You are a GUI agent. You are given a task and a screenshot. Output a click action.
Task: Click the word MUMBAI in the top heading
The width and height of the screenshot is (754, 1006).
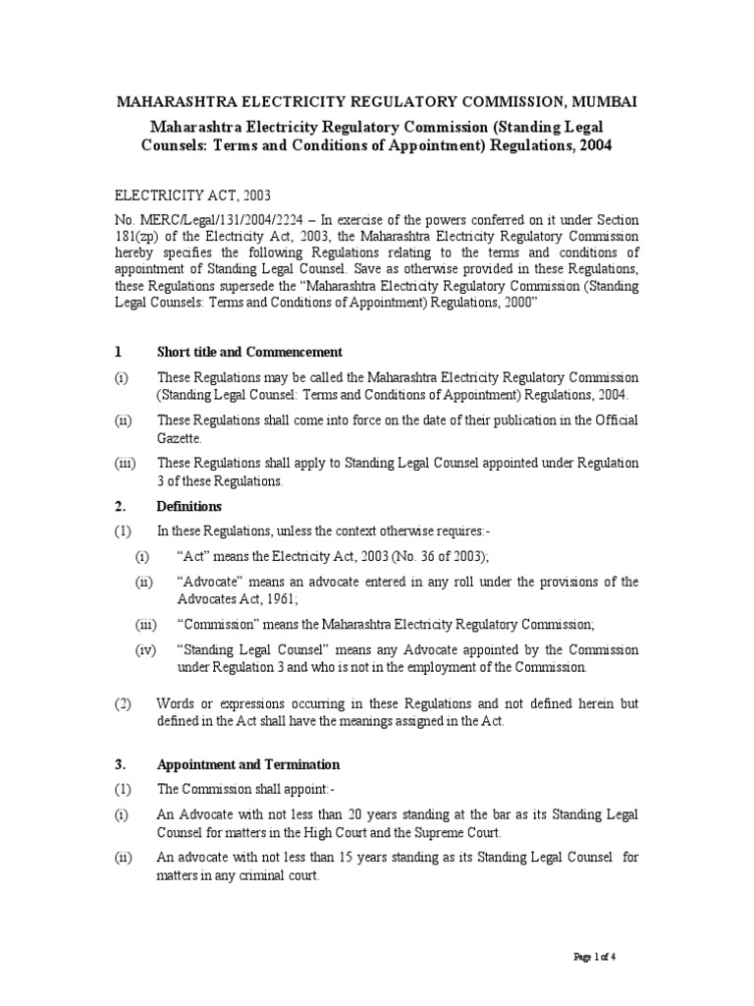pyautogui.click(x=603, y=101)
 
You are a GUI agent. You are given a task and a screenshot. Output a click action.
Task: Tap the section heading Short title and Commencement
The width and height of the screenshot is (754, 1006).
pyautogui.click(x=249, y=352)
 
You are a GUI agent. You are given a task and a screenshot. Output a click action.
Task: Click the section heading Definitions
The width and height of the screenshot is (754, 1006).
pyautogui.click(x=189, y=507)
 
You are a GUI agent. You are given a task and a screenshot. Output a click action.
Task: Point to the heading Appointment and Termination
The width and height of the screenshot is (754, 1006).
pyautogui.click(x=248, y=764)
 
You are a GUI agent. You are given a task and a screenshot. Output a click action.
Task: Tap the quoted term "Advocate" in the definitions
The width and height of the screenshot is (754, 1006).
pyautogui.click(x=210, y=583)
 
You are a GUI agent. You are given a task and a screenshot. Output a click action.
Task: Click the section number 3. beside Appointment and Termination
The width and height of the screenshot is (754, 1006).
pyautogui.click(x=120, y=764)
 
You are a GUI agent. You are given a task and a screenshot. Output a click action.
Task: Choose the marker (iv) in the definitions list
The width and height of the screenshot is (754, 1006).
pyautogui.click(x=145, y=650)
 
